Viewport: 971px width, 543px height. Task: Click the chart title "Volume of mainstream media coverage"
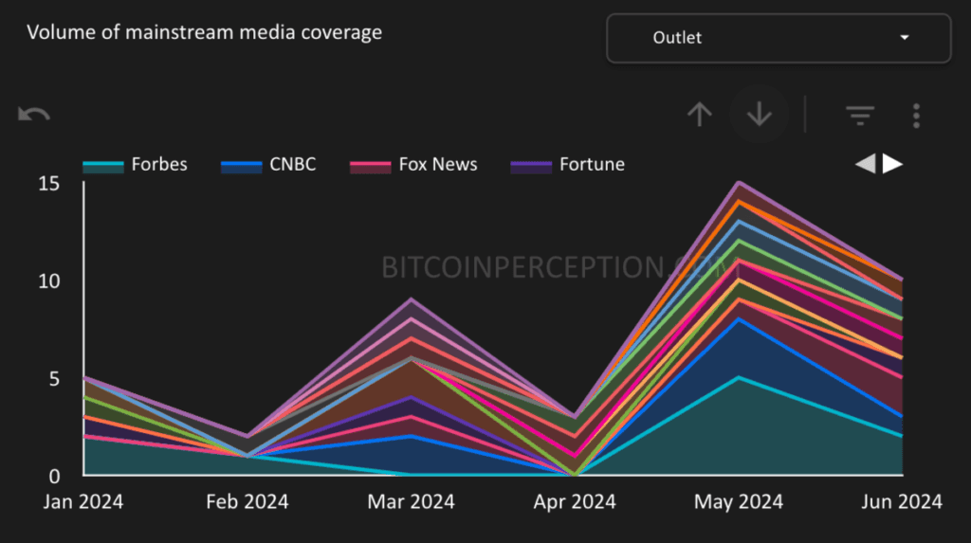click(x=204, y=32)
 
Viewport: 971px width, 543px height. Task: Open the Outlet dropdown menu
click(x=778, y=38)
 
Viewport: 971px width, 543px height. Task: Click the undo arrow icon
click(x=34, y=115)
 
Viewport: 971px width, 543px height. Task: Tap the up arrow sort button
click(x=699, y=115)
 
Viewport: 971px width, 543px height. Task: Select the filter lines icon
click(x=860, y=116)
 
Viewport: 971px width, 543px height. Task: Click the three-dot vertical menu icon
click(x=916, y=116)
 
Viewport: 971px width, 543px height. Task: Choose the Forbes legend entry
click(x=135, y=165)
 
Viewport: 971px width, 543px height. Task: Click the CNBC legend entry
click(x=268, y=165)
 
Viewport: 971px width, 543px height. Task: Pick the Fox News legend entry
click(x=413, y=165)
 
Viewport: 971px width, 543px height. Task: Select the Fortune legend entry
click(x=568, y=165)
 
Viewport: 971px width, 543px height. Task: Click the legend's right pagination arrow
click(x=893, y=164)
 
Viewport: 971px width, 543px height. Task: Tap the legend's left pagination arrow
click(x=865, y=164)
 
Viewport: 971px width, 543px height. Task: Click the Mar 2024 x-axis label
click(x=410, y=501)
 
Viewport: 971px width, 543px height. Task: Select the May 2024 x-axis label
click(x=739, y=501)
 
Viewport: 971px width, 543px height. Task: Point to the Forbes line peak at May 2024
click(x=739, y=377)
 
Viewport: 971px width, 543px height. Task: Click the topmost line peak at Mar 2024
click(x=410, y=299)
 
